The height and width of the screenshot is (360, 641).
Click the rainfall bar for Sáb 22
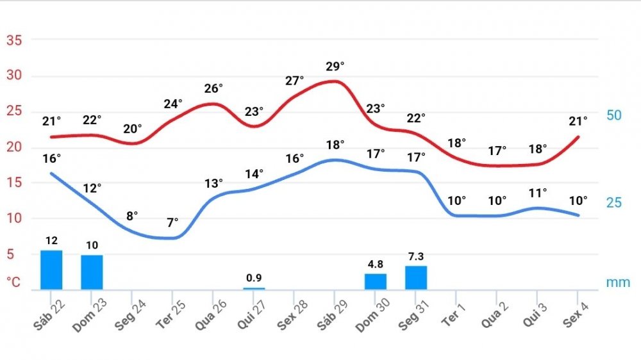pos(51,270)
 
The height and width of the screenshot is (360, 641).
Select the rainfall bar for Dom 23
pos(92,272)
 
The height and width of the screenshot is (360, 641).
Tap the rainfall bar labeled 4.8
pos(376,281)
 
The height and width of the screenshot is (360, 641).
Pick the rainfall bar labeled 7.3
pos(416,277)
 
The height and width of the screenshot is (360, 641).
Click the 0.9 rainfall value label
pos(254,278)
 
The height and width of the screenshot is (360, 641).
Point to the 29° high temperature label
pos(335,66)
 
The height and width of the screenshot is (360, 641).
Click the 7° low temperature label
pos(172,223)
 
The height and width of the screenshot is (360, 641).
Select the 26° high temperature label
pos(213,88)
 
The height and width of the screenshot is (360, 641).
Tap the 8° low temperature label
pos(132,215)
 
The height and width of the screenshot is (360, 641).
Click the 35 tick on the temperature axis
pos(14,40)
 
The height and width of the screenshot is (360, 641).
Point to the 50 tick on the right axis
pos(614,115)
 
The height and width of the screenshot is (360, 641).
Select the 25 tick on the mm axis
pos(614,202)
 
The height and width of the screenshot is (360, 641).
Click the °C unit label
pos(13,282)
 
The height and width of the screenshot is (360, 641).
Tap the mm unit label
pos(618,282)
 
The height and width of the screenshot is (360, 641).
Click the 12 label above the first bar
pos(52,241)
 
